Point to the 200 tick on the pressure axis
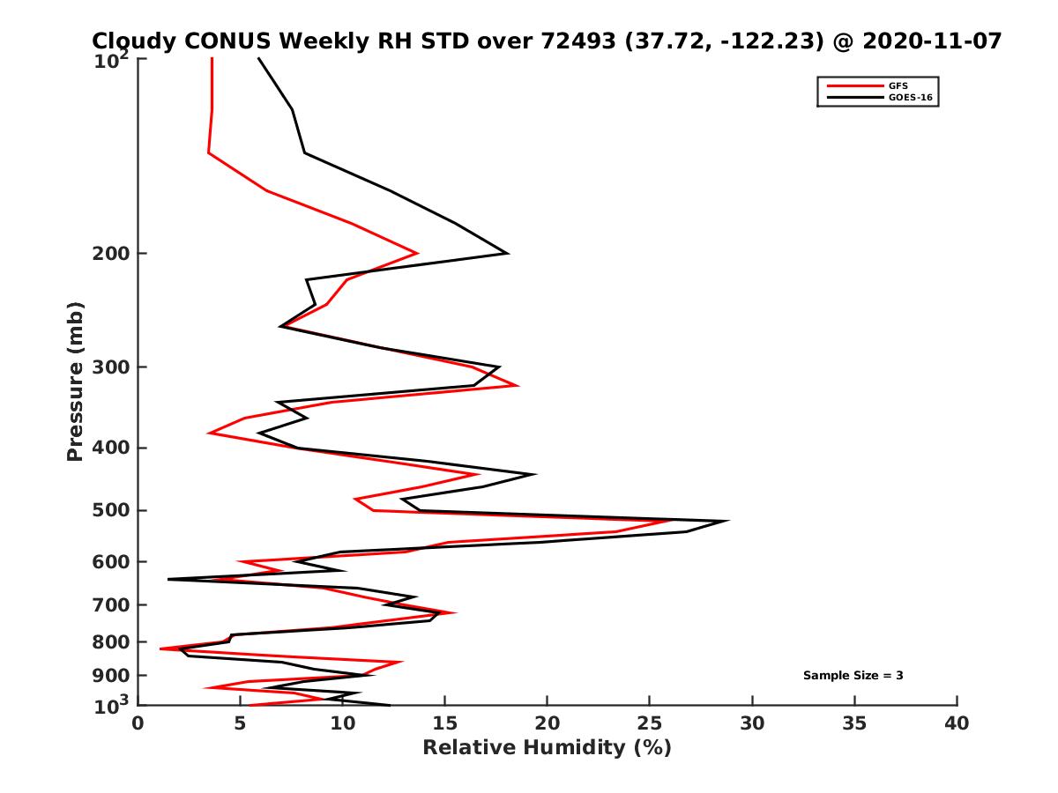113,254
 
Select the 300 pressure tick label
113,367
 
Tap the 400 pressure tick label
113,448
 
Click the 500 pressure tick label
113,510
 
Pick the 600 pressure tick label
113,561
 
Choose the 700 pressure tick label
113,604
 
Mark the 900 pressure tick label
113,676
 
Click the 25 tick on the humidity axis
650,723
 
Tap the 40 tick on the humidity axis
957,723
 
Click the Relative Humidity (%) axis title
547,748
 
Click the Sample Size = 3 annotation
853,676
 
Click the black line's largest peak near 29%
727,521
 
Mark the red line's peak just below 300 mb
518,385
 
